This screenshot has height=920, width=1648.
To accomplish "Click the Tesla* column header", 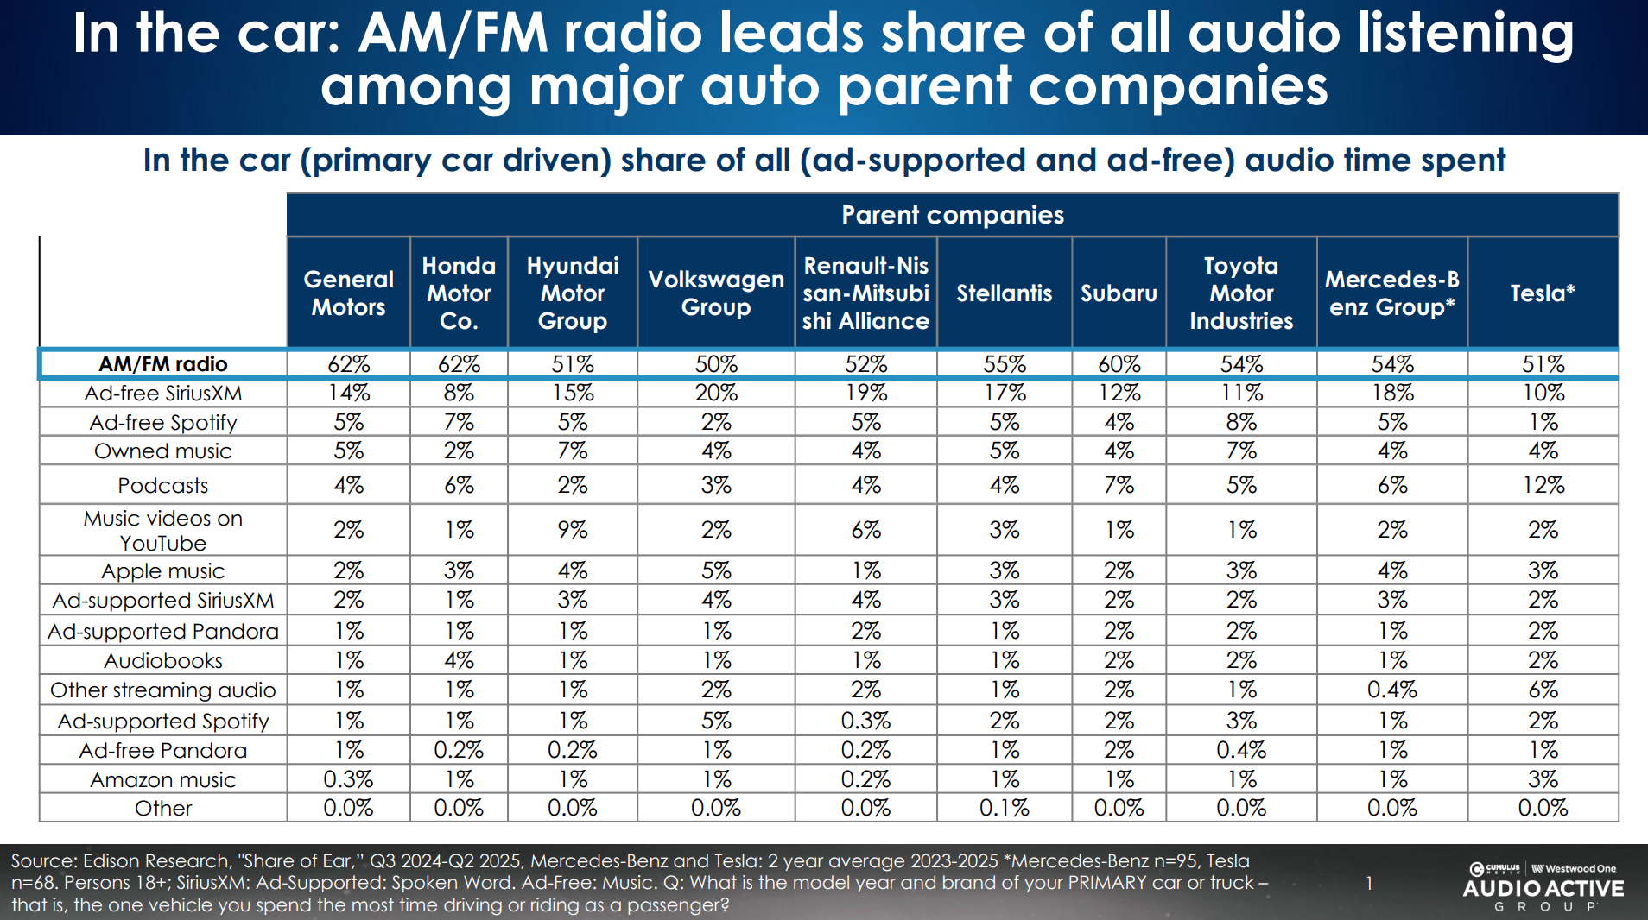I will click(1543, 293).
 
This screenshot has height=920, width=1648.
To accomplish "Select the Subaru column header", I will click(1119, 293).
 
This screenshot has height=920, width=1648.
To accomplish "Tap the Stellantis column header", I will click(1004, 293).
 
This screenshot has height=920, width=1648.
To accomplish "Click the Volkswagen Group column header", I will click(716, 293).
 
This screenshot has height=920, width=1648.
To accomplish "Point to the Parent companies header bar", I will click(952, 215).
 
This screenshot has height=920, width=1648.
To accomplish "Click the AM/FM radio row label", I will click(163, 364).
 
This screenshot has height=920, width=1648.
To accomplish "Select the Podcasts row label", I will click(163, 486).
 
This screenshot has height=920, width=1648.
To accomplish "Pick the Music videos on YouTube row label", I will click(163, 531).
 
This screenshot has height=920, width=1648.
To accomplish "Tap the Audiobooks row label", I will click(163, 661).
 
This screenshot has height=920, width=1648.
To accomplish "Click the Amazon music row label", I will click(163, 780).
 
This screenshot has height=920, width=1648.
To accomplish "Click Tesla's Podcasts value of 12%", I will click(1543, 486).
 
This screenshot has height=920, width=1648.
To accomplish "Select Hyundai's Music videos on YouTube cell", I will click(572, 530).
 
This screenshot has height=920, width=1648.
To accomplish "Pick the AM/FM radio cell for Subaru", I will click(1119, 364).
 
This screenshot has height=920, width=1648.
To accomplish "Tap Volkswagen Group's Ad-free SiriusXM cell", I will click(716, 394).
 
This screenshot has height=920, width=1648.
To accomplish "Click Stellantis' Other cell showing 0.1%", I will click(1004, 809).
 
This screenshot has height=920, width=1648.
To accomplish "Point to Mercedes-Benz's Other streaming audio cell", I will click(1391, 690).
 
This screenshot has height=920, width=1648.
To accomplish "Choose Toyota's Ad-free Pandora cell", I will click(1241, 751).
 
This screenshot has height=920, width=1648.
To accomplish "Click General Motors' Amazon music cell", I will click(348, 780).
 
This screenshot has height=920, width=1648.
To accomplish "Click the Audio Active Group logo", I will click(1543, 886).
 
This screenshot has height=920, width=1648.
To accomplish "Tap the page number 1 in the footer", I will click(1369, 883).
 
